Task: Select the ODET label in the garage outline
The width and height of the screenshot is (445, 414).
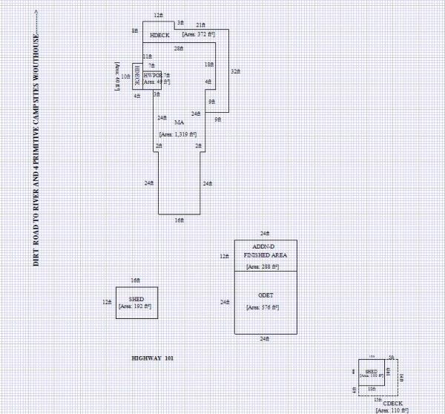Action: [265, 295]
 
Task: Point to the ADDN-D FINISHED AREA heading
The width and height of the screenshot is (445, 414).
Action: [265, 251]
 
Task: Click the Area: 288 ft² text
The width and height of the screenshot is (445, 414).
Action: [265, 266]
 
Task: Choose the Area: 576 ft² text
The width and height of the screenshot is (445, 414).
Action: [265, 306]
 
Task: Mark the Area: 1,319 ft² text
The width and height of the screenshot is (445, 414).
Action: [178, 134]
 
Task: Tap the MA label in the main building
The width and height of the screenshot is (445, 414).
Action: [179, 122]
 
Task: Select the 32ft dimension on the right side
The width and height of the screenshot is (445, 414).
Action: [235, 71]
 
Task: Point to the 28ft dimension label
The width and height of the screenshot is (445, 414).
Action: [178, 48]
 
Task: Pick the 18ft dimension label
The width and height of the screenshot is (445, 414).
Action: [209, 65]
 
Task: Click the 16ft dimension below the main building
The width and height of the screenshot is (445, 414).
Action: [179, 220]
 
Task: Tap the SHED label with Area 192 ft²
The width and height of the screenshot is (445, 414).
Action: [136, 298]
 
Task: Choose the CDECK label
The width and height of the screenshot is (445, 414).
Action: [392, 402]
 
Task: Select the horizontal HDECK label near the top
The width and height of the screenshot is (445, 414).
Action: [159, 35]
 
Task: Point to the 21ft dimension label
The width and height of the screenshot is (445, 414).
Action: [201, 24]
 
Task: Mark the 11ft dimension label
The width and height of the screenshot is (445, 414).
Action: [147, 56]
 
